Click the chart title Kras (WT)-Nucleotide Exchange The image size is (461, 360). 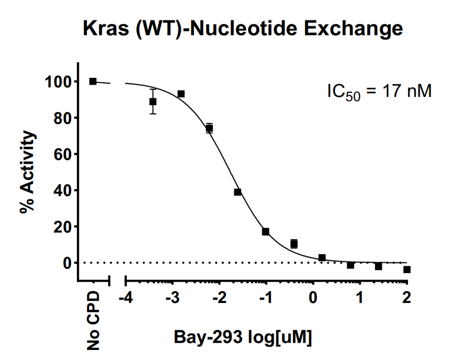click(243, 28)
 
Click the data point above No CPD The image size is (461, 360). click(93, 81)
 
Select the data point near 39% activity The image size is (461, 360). click(238, 192)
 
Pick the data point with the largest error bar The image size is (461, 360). click(153, 102)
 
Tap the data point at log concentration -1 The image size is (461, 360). click(266, 232)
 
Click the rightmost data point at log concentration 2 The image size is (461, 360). click(407, 269)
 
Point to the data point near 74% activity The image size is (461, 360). click(209, 128)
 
